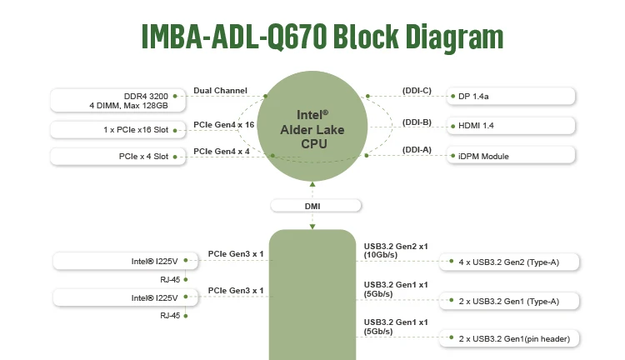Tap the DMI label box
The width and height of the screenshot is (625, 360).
click(x=312, y=205)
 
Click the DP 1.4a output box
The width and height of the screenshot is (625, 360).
click(x=511, y=96)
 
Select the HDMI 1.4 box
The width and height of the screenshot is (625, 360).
click(x=511, y=126)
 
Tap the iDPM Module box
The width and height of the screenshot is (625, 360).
click(x=511, y=156)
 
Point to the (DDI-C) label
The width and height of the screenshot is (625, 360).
click(x=417, y=90)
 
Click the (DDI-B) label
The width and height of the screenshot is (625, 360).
click(x=417, y=122)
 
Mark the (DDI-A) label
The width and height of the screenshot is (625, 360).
click(x=417, y=150)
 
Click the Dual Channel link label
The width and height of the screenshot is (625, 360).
click(x=220, y=90)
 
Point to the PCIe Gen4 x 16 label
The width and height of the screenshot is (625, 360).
click(x=223, y=124)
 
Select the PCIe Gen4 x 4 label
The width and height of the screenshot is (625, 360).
click(x=221, y=151)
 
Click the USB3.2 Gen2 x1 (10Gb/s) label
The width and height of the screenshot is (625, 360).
click(x=396, y=251)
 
